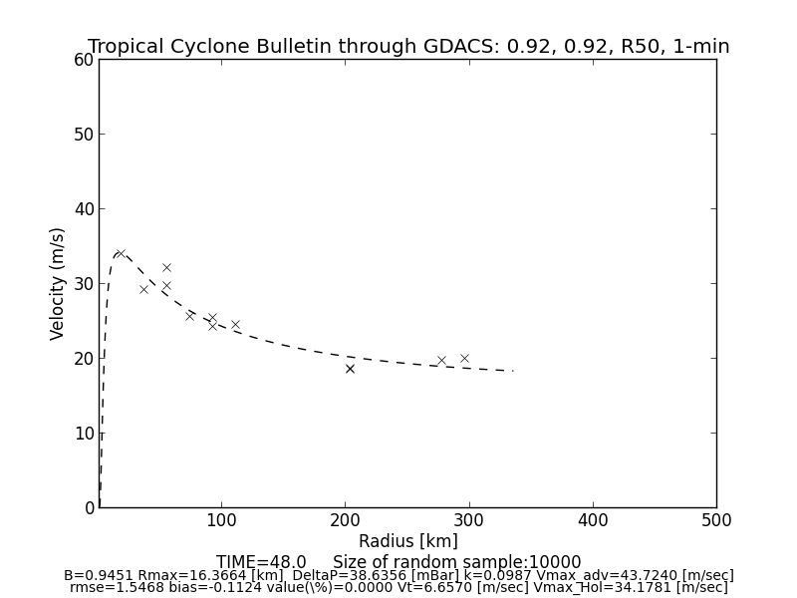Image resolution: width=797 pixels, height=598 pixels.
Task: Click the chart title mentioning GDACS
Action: coord(408,47)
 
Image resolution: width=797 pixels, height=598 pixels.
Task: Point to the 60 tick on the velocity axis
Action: coord(83,60)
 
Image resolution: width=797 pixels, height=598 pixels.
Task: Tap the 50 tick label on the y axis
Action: coord(83,135)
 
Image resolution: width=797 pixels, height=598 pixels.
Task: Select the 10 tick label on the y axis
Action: coord(83,434)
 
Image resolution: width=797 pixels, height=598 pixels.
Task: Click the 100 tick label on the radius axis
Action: coord(221,520)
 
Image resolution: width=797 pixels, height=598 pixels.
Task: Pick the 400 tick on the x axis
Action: coord(593,520)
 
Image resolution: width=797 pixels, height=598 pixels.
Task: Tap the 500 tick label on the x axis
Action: coord(715,520)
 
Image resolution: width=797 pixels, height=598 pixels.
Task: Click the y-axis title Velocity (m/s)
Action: coord(58,283)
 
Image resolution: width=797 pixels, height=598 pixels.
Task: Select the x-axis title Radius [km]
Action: coord(408,541)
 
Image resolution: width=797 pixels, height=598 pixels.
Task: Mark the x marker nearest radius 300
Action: coord(464,358)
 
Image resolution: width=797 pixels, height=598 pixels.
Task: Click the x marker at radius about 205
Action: coord(350,369)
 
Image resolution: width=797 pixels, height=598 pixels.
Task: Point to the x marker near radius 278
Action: coord(441,361)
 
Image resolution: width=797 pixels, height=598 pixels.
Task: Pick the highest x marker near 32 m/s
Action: coord(166,267)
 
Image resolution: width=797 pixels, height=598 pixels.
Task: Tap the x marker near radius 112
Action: coord(235,324)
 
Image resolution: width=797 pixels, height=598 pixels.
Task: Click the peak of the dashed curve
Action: coord(120,253)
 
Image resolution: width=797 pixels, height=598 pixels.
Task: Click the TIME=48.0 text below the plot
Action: coord(261,562)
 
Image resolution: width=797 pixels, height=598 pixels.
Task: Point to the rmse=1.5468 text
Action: coord(111,588)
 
